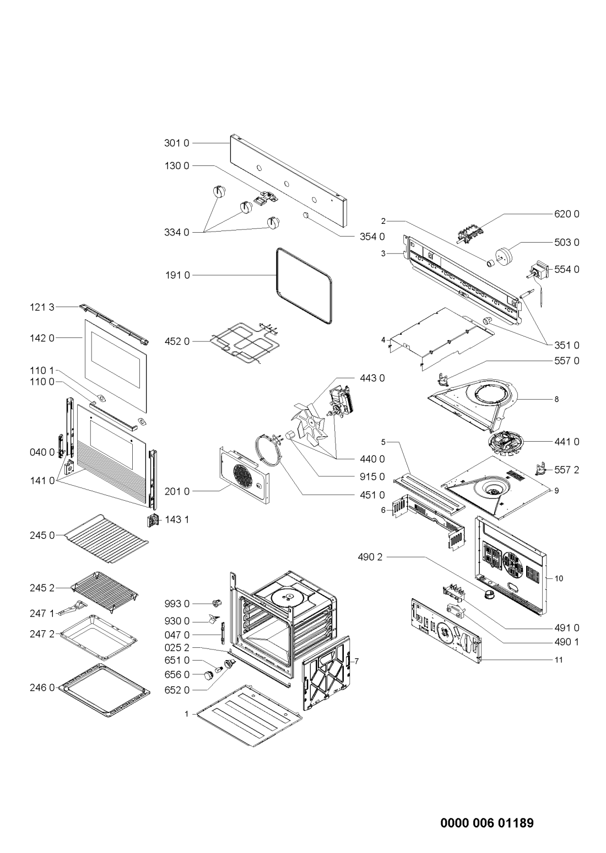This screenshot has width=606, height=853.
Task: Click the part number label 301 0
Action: pos(176,143)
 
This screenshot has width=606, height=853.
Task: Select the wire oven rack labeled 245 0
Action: pos(107,538)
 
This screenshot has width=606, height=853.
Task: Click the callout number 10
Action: pos(559,578)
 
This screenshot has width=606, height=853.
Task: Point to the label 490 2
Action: pos(370,557)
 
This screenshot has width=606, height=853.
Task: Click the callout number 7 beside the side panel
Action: pos(356,661)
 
